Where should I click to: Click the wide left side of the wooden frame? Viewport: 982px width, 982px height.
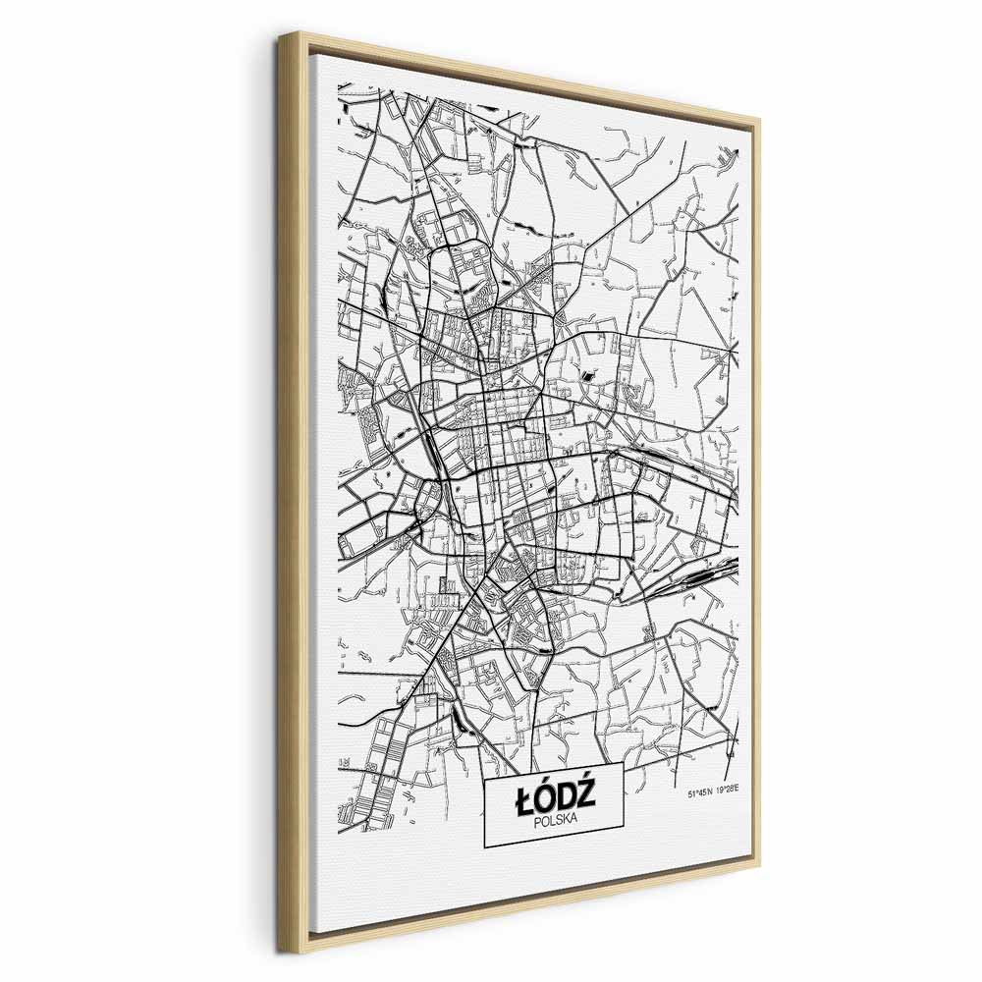(292, 491)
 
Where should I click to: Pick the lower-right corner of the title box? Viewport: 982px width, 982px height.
(624, 846)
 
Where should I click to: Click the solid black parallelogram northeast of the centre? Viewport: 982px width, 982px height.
(589, 374)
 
